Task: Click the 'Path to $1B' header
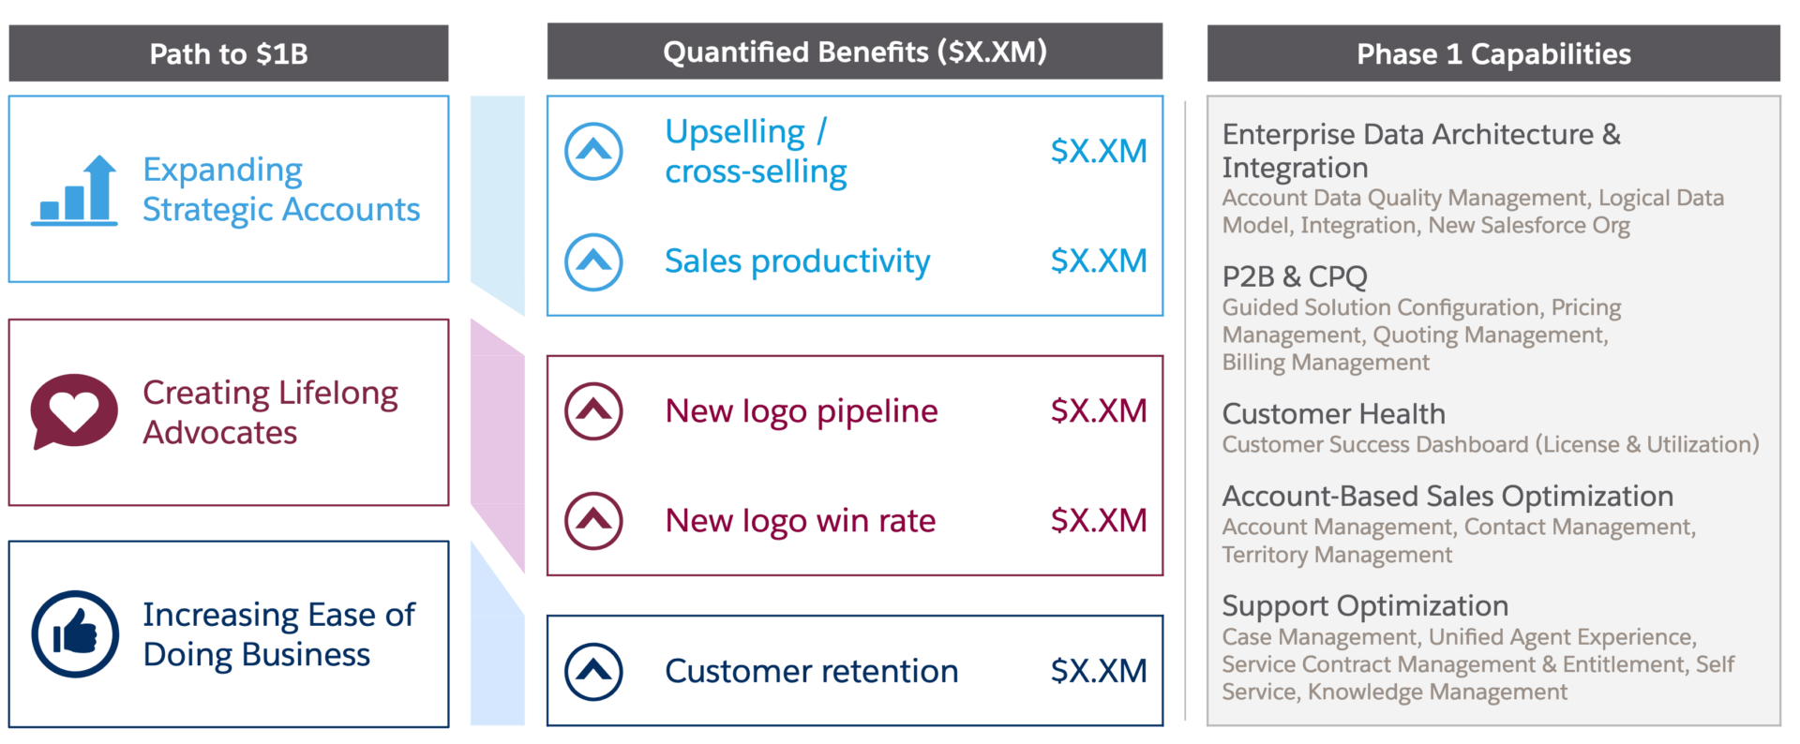pos(229,53)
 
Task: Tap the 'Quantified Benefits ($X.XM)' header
pos(855,52)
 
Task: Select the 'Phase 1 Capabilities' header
pos(1493,53)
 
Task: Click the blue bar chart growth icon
pos(74,191)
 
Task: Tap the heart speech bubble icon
pos(74,411)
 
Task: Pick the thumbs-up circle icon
pos(75,634)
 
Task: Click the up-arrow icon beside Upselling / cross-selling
pos(593,151)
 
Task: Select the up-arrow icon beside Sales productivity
pos(593,261)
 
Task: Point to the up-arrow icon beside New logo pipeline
pos(593,411)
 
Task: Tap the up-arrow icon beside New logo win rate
pos(593,521)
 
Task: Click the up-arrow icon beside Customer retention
pos(593,672)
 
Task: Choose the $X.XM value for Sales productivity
pos(1099,260)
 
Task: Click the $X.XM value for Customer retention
pos(1099,671)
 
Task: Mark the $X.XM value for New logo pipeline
pos(1099,410)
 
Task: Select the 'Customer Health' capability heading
pos(1334,413)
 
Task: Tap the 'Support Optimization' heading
pos(1365,606)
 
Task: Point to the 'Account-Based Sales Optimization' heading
pos(1447,496)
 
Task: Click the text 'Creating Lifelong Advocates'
pos(270,412)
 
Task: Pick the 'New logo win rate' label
pos(801,521)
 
